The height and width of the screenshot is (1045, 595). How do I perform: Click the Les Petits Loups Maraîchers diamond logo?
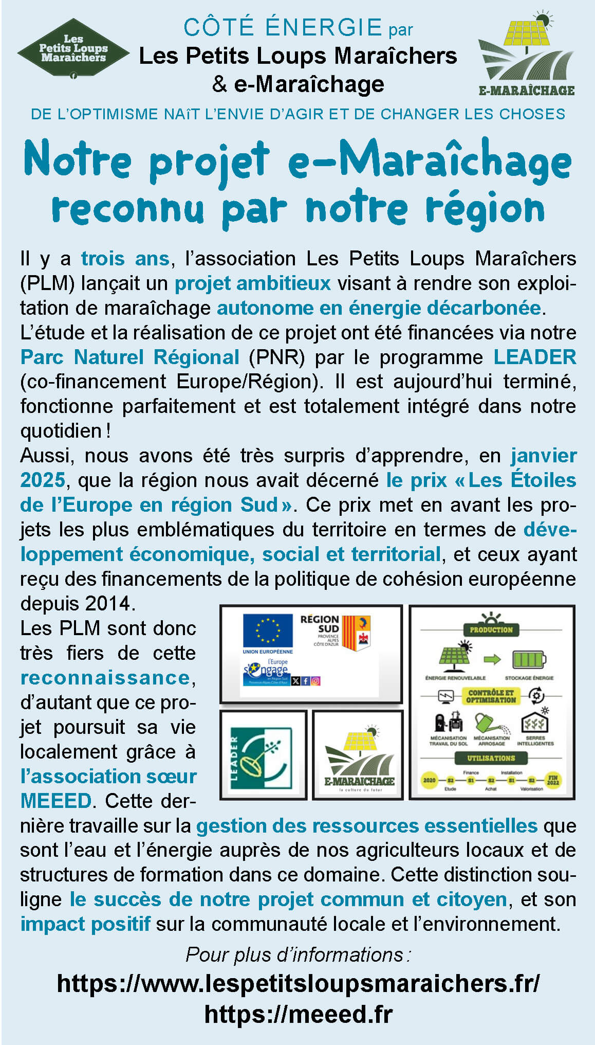[73, 49]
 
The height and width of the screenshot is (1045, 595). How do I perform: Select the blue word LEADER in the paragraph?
[534, 357]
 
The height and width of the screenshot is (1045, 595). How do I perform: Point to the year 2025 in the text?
[42, 480]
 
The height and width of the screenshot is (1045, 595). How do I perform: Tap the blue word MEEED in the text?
[55, 801]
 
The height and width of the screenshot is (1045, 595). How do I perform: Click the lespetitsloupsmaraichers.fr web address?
[298, 983]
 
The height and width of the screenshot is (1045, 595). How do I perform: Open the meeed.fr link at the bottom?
[298, 1014]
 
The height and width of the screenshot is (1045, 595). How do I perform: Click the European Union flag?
[267, 630]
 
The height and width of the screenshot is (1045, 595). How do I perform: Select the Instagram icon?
[315, 681]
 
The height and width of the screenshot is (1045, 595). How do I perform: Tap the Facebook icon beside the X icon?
[306, 681]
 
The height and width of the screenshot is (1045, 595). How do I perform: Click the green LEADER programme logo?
[263, 755]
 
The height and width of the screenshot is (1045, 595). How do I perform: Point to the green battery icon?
[529, 659]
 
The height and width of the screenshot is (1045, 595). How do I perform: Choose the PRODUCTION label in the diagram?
[491, 629]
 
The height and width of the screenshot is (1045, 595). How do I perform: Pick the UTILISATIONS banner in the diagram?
[491, 758]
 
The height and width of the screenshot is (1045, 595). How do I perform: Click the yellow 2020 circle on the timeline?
[430, 780]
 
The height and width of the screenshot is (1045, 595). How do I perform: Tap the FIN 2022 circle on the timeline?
[553, 780]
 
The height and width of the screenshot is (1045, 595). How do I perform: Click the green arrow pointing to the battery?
[492, 659]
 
